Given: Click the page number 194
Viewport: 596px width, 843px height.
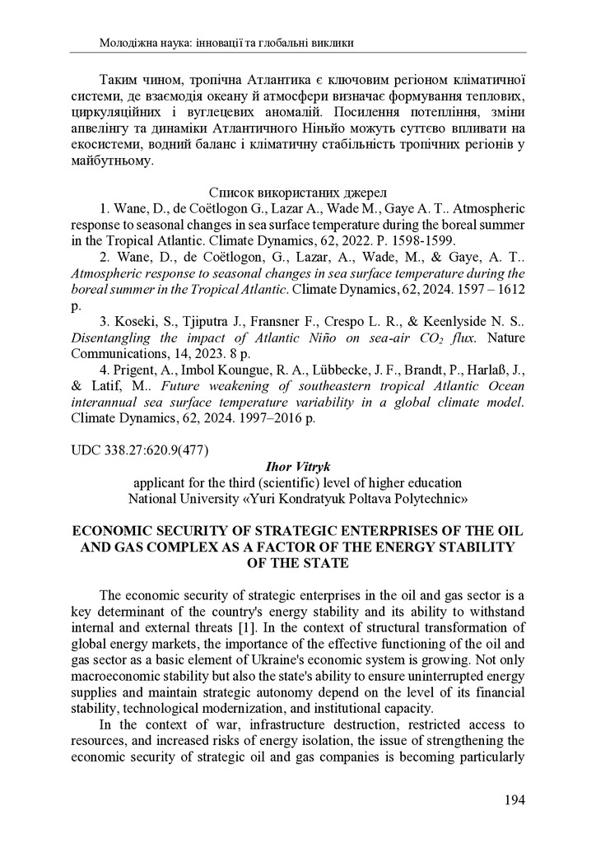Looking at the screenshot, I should click(513, 799).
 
